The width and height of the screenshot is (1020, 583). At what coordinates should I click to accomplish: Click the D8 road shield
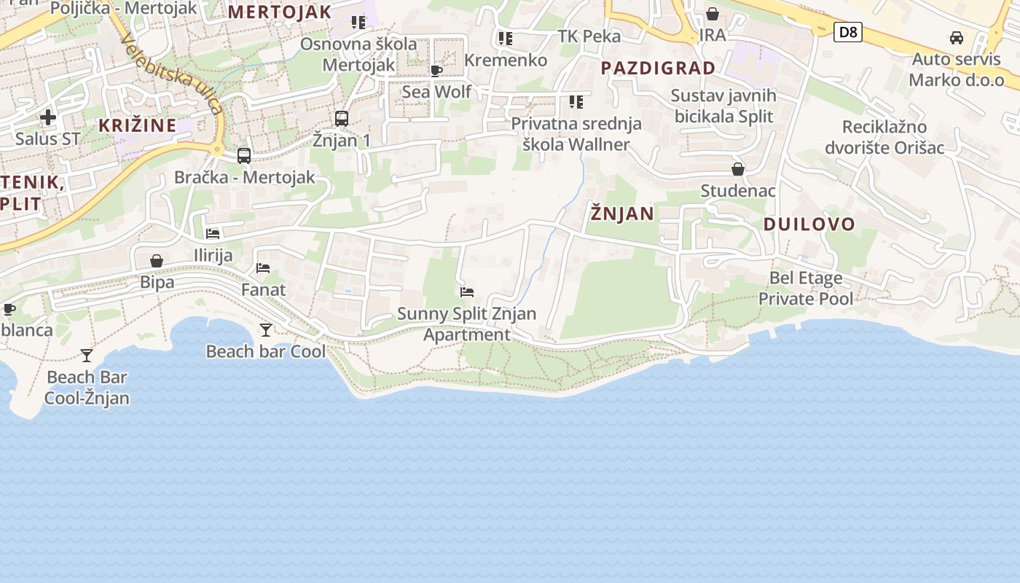click(x=848, y=32)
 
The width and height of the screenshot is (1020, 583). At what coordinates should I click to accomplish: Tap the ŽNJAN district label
click(x=622, y=214)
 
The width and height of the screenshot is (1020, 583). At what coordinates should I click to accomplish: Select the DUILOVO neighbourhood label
click(x=809, y=224)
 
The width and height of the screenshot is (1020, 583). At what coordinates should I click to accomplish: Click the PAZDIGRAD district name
click(x=658, y=69)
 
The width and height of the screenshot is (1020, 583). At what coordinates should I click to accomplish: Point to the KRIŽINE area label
click(x=138, y=125)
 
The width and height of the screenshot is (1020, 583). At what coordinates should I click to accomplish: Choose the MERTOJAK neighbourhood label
click(x=280, y=12)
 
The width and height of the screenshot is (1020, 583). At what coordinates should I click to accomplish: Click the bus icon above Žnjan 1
click(x=342, y=118)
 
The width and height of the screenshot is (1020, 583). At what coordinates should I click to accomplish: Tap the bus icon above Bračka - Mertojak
click(x=244, y=155)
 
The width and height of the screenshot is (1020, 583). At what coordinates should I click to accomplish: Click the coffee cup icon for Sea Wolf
click(x=436, y=71)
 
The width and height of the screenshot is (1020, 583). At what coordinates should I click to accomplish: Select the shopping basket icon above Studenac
click(x=738, y=169)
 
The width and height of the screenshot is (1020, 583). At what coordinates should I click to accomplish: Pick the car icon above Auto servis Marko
click(x=957, y=38)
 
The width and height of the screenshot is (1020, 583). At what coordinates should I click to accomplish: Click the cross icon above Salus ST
click(x=48, y=117)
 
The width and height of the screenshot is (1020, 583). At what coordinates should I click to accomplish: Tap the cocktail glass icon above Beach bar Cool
click(x=266, y=330)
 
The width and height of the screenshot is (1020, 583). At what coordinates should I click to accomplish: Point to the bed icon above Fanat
click(x=263, y=268)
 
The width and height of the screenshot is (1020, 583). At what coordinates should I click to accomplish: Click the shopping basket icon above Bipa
click(x=157, y=260)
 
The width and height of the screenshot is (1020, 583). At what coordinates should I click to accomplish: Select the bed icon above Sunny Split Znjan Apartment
click(x=467, y=292)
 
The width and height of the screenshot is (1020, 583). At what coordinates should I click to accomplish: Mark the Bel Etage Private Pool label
click(x=806, y=288)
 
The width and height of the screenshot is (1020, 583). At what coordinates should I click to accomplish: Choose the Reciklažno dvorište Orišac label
click(x=884, y=138)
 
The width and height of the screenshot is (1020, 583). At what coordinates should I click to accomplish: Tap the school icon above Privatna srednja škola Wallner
click(x=576, y=102)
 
